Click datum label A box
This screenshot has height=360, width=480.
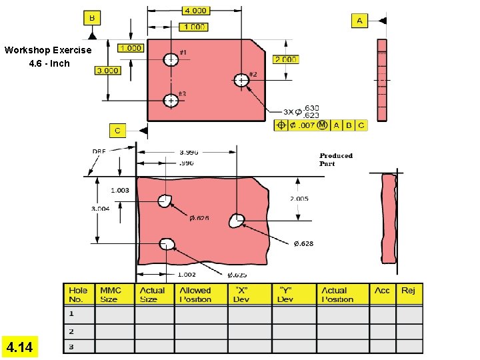pyautogui.click(x=359, y=21)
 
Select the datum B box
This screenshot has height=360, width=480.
pyautogui.click(x=91, y=17)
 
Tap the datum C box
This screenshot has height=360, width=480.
pyautogui.click(x=118, y=131)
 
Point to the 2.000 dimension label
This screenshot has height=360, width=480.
pyautogui.click(x=285, y=59)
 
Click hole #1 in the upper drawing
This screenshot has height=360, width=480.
pyautogui.click(x=171, y=59)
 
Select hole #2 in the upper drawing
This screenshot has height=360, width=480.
pyautogui.click(x=241, y=80)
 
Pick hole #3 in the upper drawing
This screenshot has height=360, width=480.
pyautogui.click(x=171, y=101)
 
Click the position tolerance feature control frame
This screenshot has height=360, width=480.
pyautogui.click(x=321, y=125)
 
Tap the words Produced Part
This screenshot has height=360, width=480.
pyautogui.click(x=335, y=159)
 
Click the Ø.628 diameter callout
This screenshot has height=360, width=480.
pyautogui.click(x=303, y=244)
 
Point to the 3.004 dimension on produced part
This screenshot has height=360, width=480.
pyautogui.click(x=101, y=209)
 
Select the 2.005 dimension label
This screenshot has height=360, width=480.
pyautogui.click(x=299, y=199)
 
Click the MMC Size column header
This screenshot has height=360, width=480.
pyautogui.click(x=111, y=295)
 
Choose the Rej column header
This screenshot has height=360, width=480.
pyautogui.click(x=408, y=291)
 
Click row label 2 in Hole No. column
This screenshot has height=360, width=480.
pyautogui.click(x=71, y=331)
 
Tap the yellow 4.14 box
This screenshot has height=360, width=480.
pyautogui.click(x=20, y=347)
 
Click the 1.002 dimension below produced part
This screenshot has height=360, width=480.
pyautogui.click(x=186, y=274)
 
